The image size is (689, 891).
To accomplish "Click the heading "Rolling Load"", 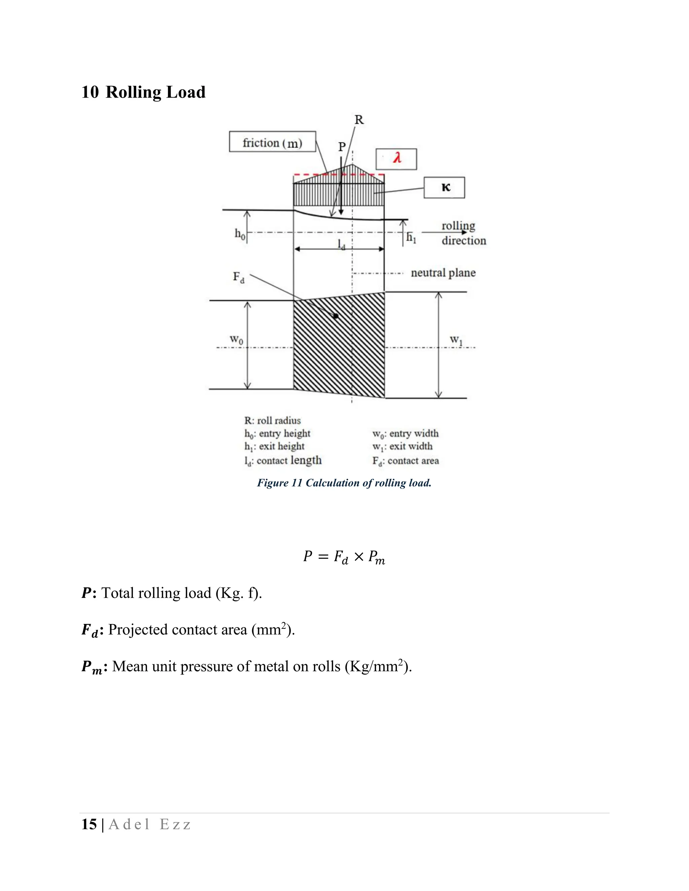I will tap(155, 92).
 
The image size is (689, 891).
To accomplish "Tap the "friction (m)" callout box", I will tap(272, 142).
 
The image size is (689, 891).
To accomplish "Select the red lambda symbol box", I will tap(396, 159).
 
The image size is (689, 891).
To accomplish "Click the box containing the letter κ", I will tap(444, 188).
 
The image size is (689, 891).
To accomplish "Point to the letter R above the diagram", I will tap(359, 120).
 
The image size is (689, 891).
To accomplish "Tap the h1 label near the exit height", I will tap(411, 237).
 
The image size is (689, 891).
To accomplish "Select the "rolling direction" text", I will tap(463, 233).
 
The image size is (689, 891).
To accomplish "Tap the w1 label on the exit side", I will tap(456, 340).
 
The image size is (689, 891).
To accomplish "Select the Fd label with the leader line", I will tap(239, 277).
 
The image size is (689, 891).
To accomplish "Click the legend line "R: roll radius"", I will tap(272, 421).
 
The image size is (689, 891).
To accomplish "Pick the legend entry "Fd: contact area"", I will tap(405, 461).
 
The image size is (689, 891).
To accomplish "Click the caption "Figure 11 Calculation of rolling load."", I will tap(344, 483).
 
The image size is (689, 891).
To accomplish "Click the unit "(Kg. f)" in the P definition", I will tap(239, 593).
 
